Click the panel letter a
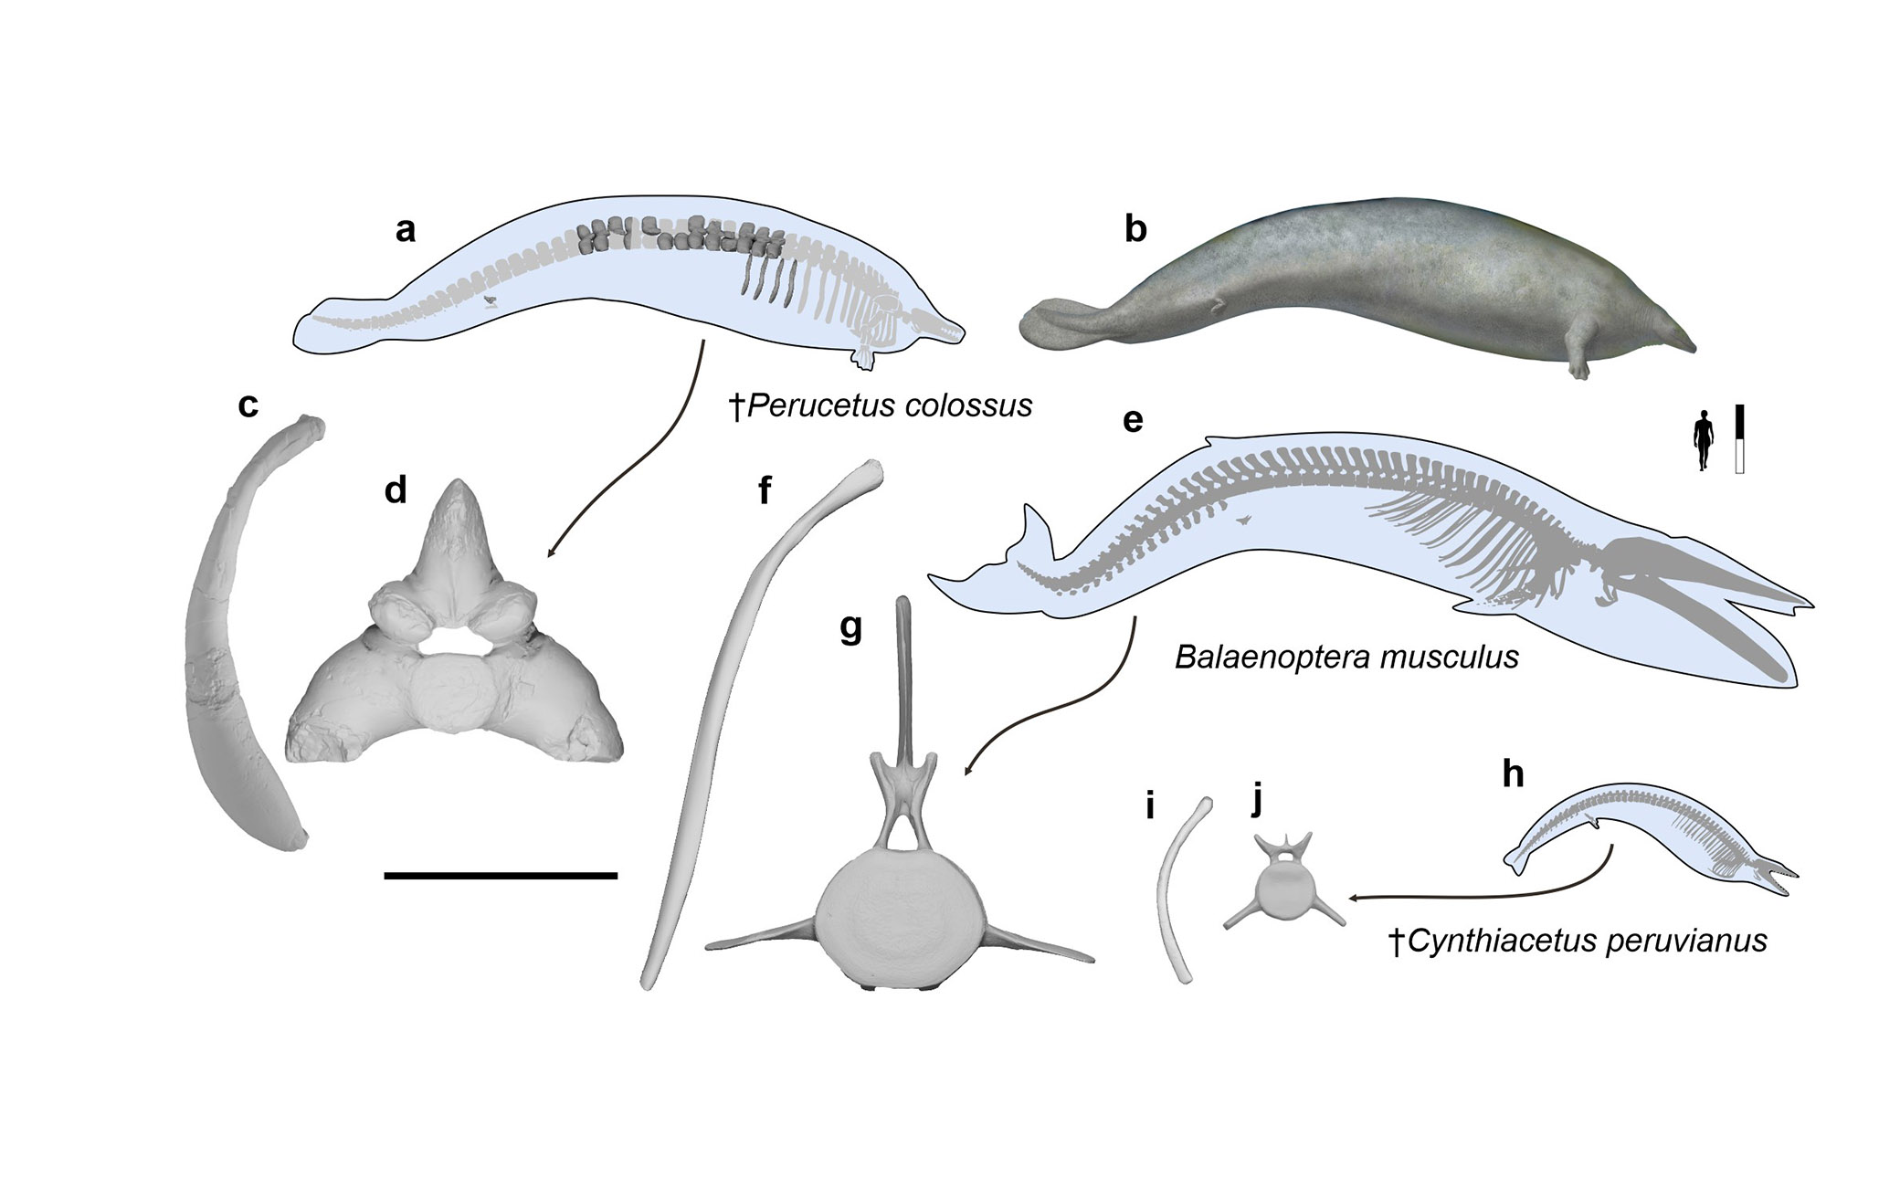(405, 230)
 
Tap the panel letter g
(850, 629)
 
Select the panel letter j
(1258, 801)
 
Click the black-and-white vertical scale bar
(1740, 439)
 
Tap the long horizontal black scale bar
(501, 876)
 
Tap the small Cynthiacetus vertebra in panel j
(1282, 891)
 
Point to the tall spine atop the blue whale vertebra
(905, 676)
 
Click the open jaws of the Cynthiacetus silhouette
(1777, 877)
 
